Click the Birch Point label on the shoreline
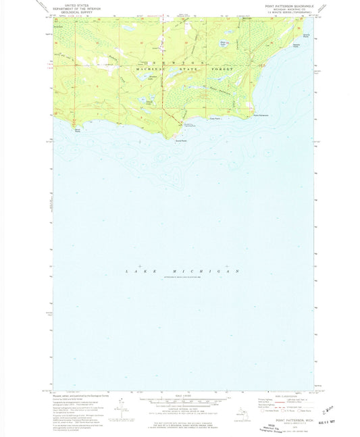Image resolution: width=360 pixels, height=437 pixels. pyautogui.click(x=78, y=130)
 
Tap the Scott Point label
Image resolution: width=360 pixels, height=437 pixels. pyautogui.click(x=180, y=141)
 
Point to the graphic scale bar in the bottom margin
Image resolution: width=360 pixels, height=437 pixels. pyautogui.click(x=179, y=399)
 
